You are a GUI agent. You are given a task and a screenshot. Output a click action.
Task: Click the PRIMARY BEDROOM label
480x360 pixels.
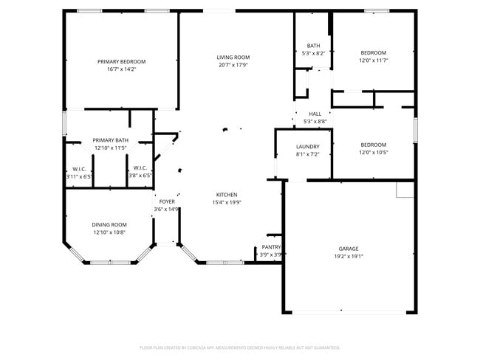click(122, 61)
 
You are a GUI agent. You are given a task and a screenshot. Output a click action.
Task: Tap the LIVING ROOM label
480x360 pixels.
click(233, 58)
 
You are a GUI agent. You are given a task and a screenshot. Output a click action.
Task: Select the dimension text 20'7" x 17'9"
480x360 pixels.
click(233, 65)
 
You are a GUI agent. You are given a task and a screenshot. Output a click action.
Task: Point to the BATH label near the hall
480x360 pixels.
click(314, 46)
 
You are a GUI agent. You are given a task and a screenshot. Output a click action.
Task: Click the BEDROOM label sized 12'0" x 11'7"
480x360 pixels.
click(373, 52)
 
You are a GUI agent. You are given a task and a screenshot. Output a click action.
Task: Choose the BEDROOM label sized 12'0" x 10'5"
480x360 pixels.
click(373, 145)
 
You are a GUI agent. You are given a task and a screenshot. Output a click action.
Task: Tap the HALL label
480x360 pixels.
click(315, 114)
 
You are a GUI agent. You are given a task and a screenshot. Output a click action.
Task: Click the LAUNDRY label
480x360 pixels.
click(307, 147)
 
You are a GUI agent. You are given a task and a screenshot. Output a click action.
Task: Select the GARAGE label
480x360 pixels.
click(349, 249)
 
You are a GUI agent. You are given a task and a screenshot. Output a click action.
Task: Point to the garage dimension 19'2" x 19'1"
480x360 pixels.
click(349, 256)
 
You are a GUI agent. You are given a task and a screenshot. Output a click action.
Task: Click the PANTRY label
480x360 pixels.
click(271, 247)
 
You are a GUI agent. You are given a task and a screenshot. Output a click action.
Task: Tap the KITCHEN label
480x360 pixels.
click(227, 195)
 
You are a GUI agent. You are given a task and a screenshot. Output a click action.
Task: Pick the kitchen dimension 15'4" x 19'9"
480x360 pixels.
click(227, 202)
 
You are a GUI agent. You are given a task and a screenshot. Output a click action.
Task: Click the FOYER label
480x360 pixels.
click(167, 201)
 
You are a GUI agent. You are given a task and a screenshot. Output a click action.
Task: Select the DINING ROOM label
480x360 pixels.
click(109, 224)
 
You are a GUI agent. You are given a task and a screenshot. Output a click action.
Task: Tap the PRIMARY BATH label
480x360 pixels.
click(111, 140)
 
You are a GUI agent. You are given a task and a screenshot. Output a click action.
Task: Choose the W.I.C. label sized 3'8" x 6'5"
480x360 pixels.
click(141, 168)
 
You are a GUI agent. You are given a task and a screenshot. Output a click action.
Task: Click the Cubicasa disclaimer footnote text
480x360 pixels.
click(240, 347)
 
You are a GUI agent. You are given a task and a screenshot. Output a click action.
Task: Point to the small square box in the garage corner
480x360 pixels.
click(405, 190)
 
